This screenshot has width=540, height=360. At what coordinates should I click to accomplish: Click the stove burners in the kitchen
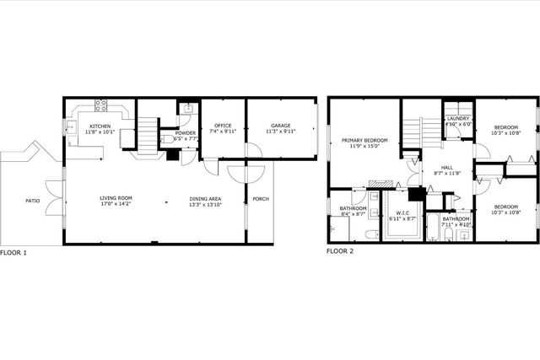tap(101, 106)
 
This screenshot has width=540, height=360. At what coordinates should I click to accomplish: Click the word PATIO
tap(31, 201)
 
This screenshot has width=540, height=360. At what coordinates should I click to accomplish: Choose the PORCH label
tap(260, 199)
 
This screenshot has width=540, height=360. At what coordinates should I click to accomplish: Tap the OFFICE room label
tap(223, 125)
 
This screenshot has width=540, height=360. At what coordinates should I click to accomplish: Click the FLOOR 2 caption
tap(341, 252)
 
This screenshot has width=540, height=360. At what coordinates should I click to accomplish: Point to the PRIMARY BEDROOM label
tap(364, 139)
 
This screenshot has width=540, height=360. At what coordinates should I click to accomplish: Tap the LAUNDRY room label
tap(457, 118)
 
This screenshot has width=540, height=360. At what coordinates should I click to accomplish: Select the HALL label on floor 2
tap(435, 167)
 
